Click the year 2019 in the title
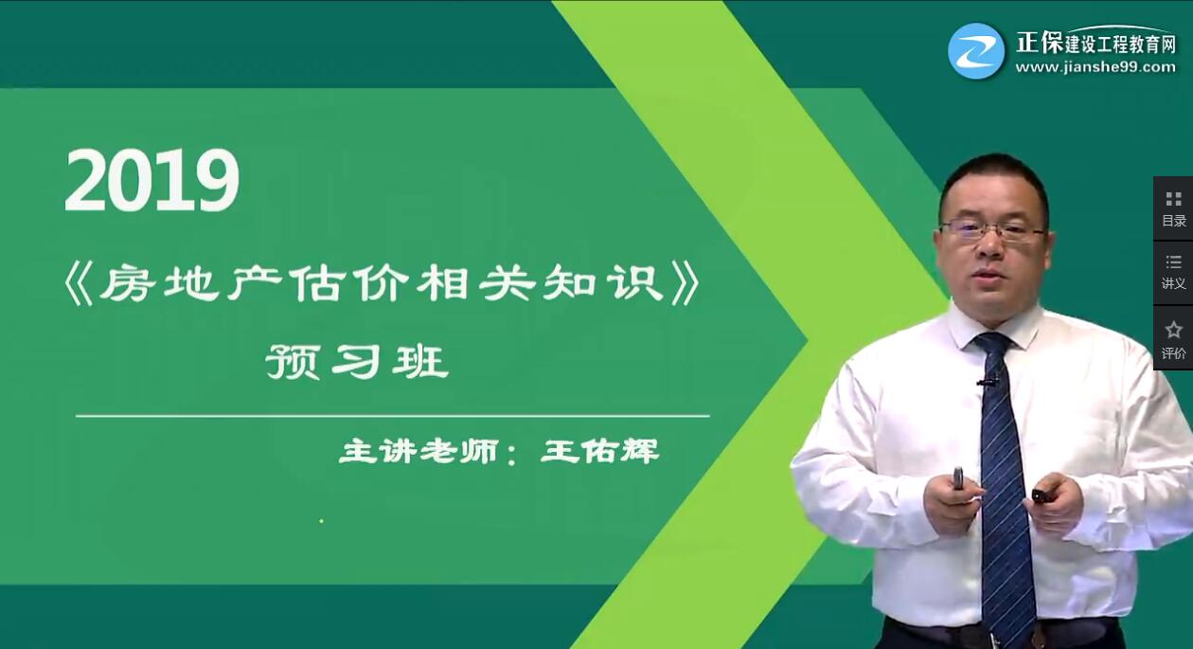coord(151,181)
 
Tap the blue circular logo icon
coord(976,51)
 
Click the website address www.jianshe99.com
coord(1095,67)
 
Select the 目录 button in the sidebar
coord(1173,208)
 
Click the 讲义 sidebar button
coord(1173,272)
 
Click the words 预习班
coord(357,362)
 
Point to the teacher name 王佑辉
coord(599,451)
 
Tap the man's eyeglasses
coord(992,230)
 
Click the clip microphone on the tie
coord(987,383)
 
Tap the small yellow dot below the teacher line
coord(321,520)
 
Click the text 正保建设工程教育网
coord(1095,42)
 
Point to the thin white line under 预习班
coord(392,416)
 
